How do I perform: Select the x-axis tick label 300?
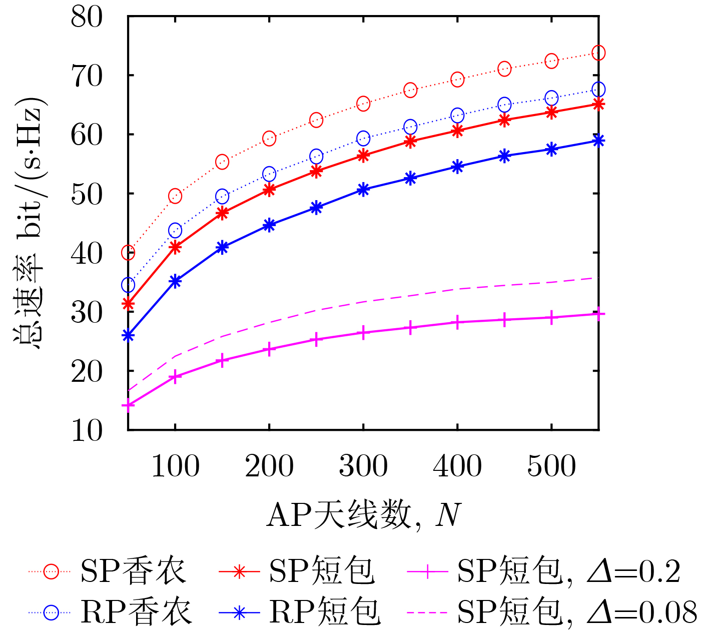pyautogui.click(x=363, y=466)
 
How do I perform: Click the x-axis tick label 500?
pyautogui.click(x=551, y=466)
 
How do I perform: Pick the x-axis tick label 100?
pyautogui.click(x=175, y=466)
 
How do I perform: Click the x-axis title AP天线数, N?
pyautogui.click(x=363, y=515)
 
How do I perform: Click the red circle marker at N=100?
pyautogui.click(x=175, y=196)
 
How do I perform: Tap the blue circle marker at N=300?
pyautogui.click(x=363, y=138)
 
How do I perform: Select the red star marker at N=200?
pyautogui.click(x=269, y=190)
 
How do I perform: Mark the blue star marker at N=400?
pyautogui.click(x=457, y=167)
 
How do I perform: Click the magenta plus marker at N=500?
pyautogui.click(x=551, y=318)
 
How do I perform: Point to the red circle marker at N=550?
pyautogui.click(x=598, y=53)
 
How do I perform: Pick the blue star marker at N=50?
pyautogui.click(x=128, y=335)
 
